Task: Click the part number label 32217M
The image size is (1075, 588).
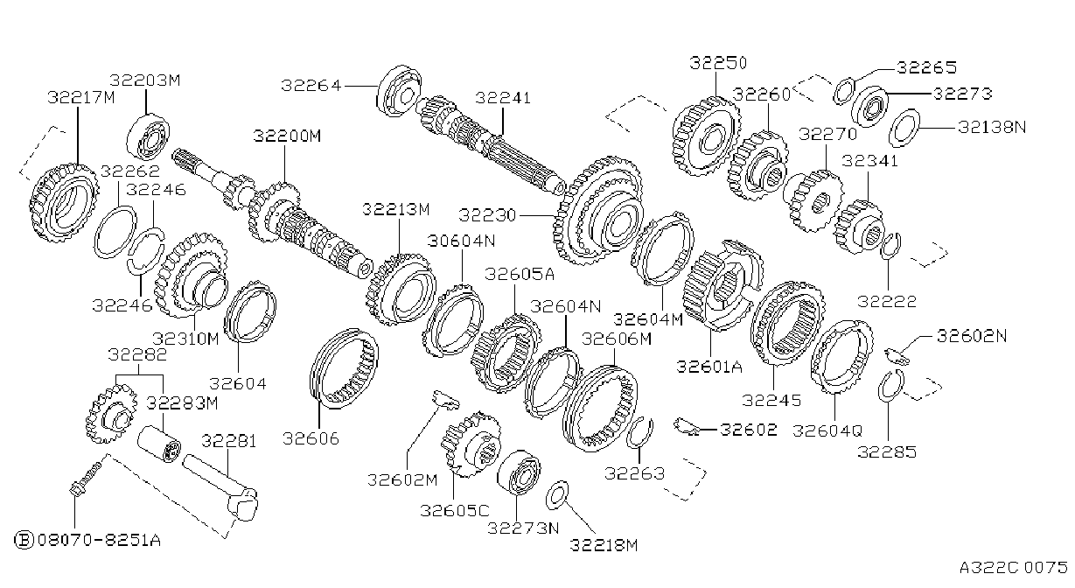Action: [81, 97]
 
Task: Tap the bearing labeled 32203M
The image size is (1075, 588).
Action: [148, 136]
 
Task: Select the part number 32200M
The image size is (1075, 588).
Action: [287, 136]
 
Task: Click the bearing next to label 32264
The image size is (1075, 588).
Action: [399, 91]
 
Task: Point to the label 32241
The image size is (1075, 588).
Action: [503, 98]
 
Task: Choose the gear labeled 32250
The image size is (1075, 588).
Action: [706, 136]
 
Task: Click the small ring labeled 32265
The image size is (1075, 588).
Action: [843, 90]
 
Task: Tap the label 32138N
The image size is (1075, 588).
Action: [992, 127]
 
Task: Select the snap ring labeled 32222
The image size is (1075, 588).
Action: [890, 246]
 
